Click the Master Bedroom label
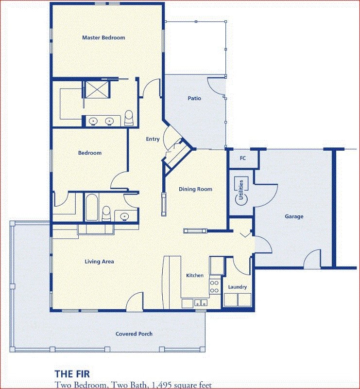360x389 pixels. (x=103, y=38)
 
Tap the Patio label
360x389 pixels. (x=194, y=98)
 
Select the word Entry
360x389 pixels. (x=153, y=139)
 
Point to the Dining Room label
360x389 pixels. (x=195, y=189)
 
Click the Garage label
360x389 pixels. (x=294, y=216)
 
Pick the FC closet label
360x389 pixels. (x=243, y=158)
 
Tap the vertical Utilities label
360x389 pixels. (x=241, y=190)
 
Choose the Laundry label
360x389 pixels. (x=237, y=287)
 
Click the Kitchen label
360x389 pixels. (x=195, y=275)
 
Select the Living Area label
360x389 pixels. (x=100, y=262)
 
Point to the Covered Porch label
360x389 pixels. (x=134, y=334)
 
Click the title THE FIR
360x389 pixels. (x=72, y=374)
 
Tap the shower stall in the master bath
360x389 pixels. (x=97, y=89)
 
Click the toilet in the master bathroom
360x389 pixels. (x=129, y=118)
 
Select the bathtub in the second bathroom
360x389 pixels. (x=92, y=208)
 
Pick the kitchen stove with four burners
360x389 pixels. (x=215, y=286)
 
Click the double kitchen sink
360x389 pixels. (x=201, y=302)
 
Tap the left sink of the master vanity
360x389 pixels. (x=93, y=121)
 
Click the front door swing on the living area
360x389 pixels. (x=135, y=301)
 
